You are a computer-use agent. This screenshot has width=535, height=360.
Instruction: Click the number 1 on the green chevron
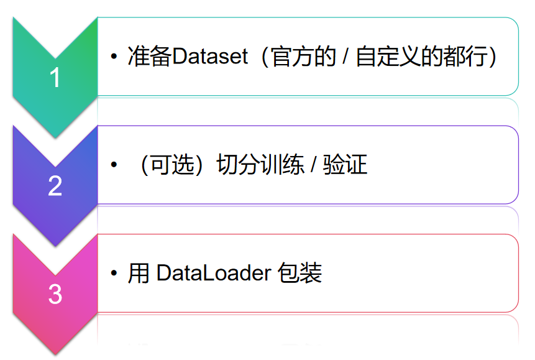[x=55, y=78]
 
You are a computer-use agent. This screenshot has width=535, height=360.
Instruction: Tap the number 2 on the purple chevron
[x=55, y=186]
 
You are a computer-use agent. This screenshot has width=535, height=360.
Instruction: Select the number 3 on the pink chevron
[x=55, y=294]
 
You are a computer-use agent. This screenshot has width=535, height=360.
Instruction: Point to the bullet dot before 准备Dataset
[x=114, y=58]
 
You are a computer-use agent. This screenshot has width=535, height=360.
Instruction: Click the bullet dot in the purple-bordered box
[x=114, y=166]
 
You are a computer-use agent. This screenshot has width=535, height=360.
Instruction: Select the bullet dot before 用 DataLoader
[x=114, y=274]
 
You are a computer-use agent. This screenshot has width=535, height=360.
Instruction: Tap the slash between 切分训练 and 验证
[x=314, y=165]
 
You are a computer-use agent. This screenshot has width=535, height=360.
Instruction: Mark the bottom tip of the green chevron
[x=55, y=137]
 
